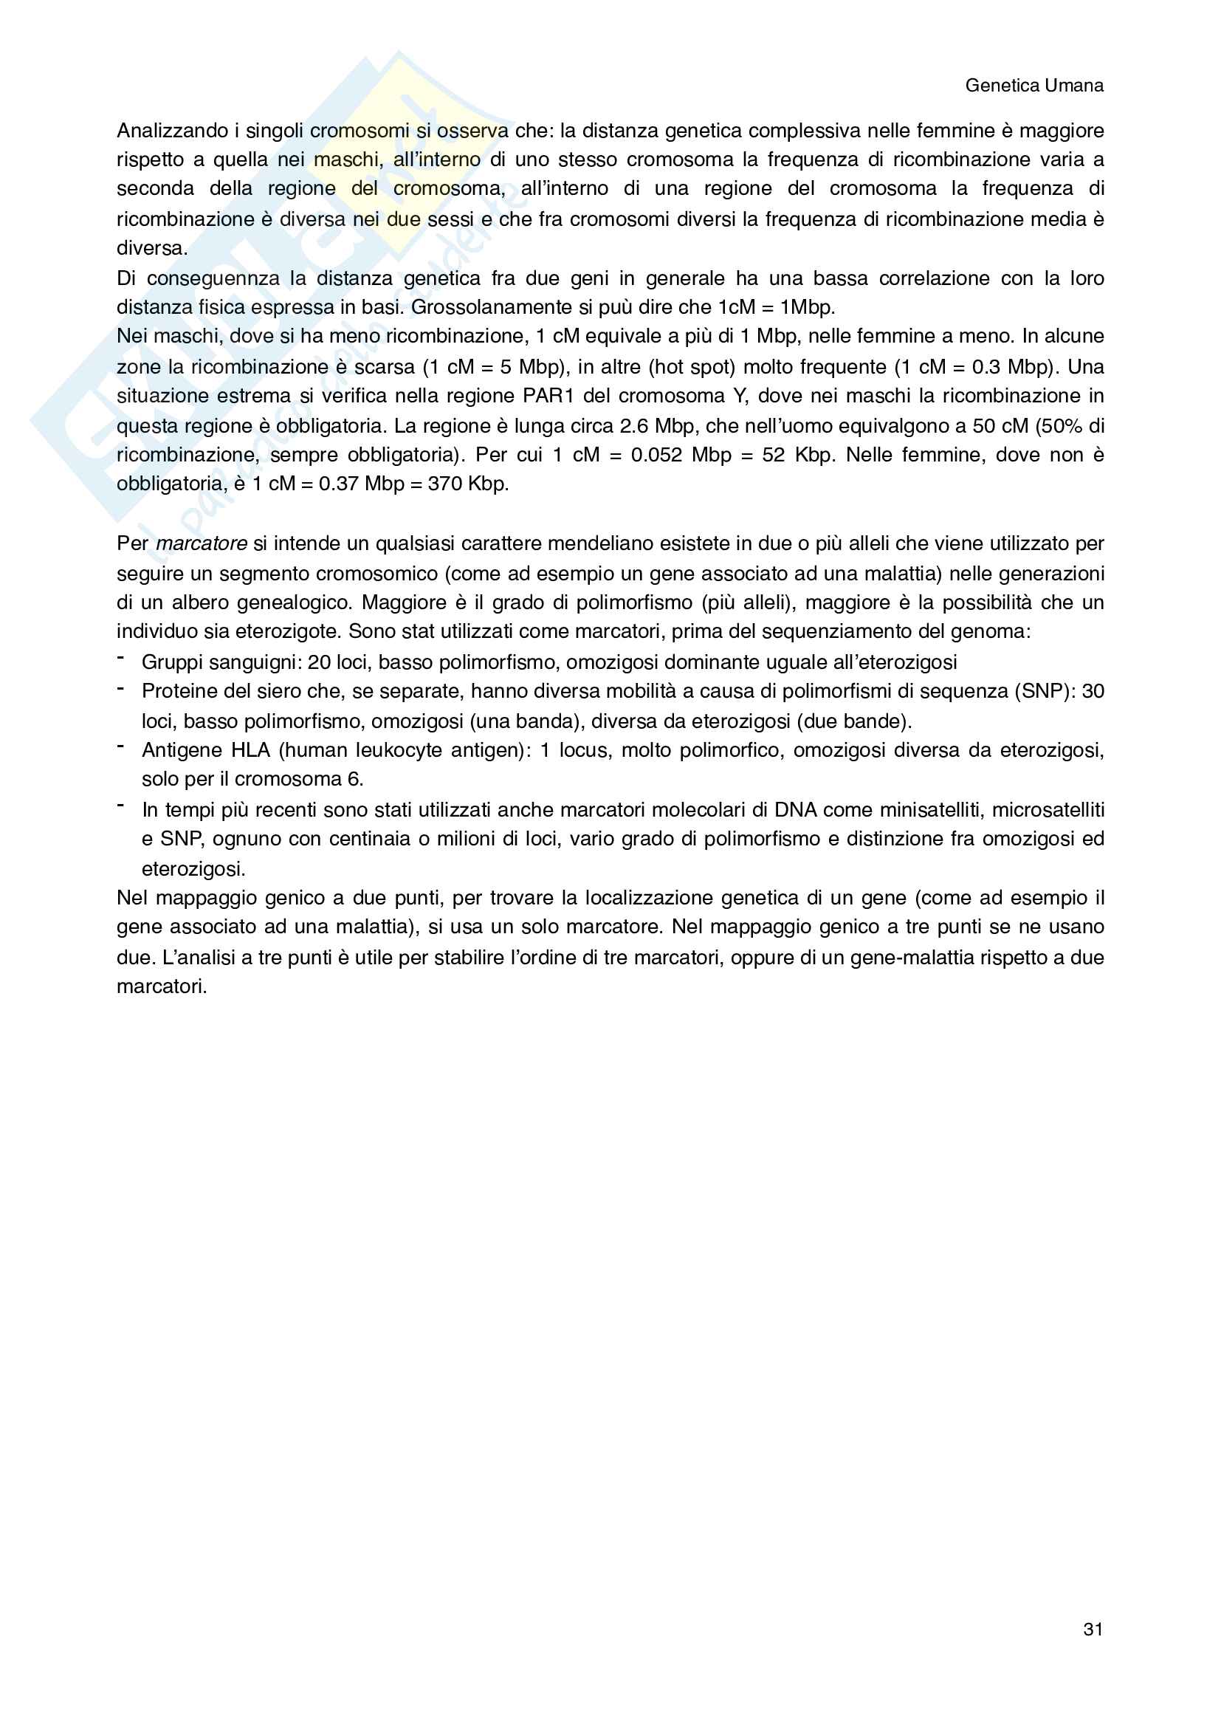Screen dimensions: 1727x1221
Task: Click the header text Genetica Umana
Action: [1033, 86]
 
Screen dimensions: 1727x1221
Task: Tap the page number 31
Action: [1093, 1630]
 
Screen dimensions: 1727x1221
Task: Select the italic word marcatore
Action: [202, 543]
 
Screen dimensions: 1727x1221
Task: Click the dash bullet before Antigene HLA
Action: [120, 746]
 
